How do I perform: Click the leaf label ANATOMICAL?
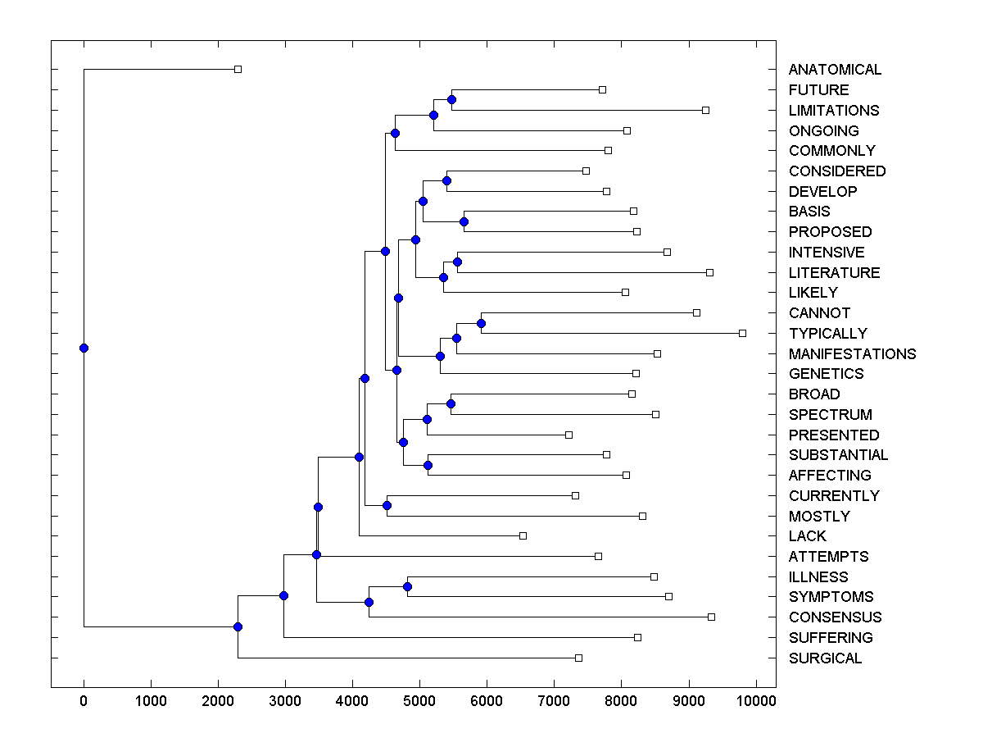(835, 70)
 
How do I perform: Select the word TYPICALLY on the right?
(827, 334)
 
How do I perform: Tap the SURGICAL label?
(825, 658)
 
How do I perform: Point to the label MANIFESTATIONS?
(852, 354)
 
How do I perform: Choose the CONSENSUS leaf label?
(835, 617)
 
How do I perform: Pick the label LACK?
(807, 536)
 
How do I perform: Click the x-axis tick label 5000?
(419, 701)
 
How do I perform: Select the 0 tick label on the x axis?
(84, 701)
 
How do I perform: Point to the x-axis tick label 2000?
(218, 701)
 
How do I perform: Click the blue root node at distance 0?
(84, 348)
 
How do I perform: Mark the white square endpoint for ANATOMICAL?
(238, 70)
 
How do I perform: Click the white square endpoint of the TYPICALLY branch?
(742, 333)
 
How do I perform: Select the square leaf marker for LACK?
(523, 535)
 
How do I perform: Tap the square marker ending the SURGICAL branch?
(578, 658)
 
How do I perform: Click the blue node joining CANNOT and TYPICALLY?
(481, 323)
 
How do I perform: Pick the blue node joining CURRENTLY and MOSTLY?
(387, 505)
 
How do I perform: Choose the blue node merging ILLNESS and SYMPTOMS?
(407, 586)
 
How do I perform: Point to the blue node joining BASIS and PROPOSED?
(464, 221)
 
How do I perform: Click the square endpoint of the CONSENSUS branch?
(711, 617)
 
